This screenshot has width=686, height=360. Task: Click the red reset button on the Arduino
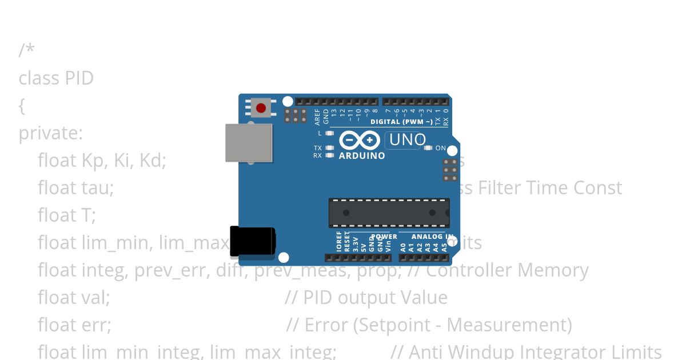(261, 108)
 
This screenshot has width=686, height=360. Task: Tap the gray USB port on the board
(249, 143)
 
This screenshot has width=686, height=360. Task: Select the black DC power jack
(252, 241)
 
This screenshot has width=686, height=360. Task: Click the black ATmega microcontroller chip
(389, 213)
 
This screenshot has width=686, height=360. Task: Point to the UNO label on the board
(407, 140)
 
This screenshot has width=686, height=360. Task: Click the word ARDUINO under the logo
(362, 155)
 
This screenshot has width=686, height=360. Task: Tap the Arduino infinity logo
(360, 140)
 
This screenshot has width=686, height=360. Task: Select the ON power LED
(428, 148)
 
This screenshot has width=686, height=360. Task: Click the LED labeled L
(329, 133)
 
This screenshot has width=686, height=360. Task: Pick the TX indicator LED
(329, 148)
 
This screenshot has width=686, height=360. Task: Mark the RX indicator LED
(329, 155)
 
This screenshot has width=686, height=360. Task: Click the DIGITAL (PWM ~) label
(401, 122)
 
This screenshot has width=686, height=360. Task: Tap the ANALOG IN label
(432, 237)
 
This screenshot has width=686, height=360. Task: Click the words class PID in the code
(56, 78)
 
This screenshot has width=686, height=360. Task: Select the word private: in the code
(51, 133)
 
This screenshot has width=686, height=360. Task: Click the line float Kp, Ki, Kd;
(102, 161)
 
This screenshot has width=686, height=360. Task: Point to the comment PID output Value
(375, 298)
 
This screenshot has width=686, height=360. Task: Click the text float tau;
(76, 188)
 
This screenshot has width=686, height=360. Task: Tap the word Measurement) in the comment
(509, 325)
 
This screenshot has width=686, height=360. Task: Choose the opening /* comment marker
(26, 50)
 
